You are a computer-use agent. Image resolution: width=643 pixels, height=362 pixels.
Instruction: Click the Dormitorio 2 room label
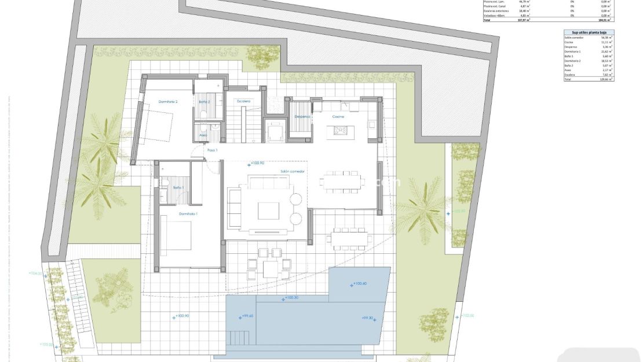click(168, 102)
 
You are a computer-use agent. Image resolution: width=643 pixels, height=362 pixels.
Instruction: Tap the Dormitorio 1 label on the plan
click(188, 214)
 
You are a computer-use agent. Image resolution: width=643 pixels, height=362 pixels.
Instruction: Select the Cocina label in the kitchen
click(338, 116)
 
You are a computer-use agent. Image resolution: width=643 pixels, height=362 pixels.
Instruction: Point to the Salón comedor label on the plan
click(293, 171)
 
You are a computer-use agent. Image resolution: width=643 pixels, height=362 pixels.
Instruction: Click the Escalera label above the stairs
click(243, 101)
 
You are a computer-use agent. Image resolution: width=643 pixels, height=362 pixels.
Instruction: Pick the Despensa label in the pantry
click(302, 116)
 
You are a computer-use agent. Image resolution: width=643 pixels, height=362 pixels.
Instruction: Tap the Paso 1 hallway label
click(212, 150)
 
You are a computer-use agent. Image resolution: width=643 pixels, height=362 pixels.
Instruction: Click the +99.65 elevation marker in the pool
click(247, 316)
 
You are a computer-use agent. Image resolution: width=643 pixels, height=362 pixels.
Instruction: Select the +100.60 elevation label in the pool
click(359, 284)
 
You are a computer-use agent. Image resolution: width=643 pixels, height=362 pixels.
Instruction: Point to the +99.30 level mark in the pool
click(368, 318)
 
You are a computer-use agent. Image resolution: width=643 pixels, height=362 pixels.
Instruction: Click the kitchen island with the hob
click(339, 131)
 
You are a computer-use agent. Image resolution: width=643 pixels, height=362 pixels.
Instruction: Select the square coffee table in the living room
click(268, 210)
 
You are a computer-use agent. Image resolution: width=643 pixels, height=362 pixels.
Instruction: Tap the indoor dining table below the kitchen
click(344, 181)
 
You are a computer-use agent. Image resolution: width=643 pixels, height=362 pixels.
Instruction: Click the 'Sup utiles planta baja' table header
click(589, 34)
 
